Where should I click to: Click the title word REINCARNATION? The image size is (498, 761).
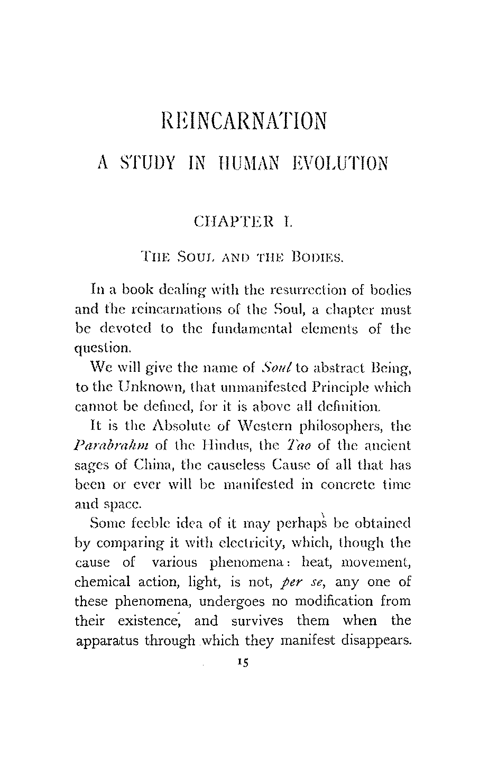coord(244,121)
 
